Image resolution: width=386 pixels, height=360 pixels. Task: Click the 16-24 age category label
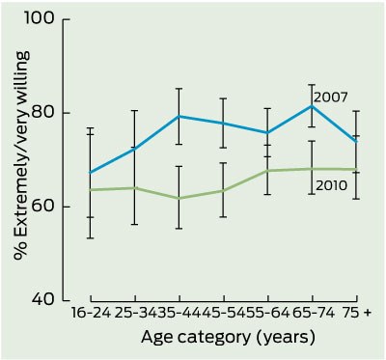coord(91,313)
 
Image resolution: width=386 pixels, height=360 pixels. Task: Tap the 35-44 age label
coord(176,313)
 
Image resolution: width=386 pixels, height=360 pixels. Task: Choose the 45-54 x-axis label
coord(220,313)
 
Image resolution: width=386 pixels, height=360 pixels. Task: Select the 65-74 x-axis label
coord(313,313)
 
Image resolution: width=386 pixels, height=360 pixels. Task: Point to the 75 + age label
coord(356,313)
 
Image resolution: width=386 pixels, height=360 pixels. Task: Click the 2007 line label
coord(330,97)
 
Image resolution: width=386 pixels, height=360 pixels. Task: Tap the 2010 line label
coord(332,185)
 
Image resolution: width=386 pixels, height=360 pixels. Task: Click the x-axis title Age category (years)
coord(228,338)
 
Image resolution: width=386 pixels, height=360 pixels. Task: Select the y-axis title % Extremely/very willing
coord(22,156)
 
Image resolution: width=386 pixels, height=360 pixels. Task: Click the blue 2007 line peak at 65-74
coord(312,105)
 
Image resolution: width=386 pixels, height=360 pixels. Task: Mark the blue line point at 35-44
coord(179,116)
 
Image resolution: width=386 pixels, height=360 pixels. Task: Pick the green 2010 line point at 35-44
coord(179,198)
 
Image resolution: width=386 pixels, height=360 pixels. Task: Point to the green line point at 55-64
coord(267,171)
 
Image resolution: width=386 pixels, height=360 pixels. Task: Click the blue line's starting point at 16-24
coord(91,173)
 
